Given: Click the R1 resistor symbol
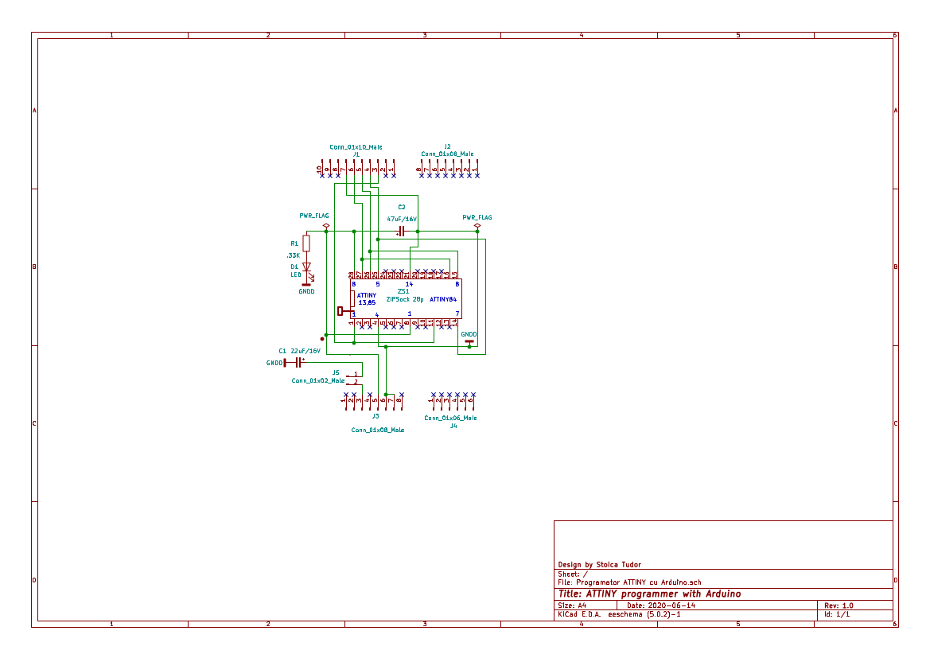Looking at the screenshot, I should tap(306, 243).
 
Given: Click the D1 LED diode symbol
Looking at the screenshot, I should tap(306, 268).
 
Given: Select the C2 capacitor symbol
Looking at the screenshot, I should tap(402, 232).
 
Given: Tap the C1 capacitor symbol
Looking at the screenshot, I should tap(298, 362).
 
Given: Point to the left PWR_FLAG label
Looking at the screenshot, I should tap(313, 216).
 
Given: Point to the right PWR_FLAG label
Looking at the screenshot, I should tap(477, 217).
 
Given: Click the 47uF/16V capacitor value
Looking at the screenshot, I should tap(402, 218).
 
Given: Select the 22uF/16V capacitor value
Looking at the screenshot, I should tap(305, 350).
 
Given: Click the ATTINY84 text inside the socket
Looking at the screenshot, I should tap(443, 299).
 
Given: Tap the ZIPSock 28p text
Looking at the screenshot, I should tap(404, 300).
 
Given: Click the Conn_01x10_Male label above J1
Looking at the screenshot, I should tap(356, 146).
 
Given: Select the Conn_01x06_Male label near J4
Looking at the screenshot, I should tap(450, 418).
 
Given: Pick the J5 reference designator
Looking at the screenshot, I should tap(335, 372).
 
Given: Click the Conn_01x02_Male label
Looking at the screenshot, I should tap(317, 380).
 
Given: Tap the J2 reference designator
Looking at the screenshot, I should tap(447, 146).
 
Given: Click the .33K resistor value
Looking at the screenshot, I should tap(293, 255).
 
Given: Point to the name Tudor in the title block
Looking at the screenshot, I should tap(627, 565).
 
